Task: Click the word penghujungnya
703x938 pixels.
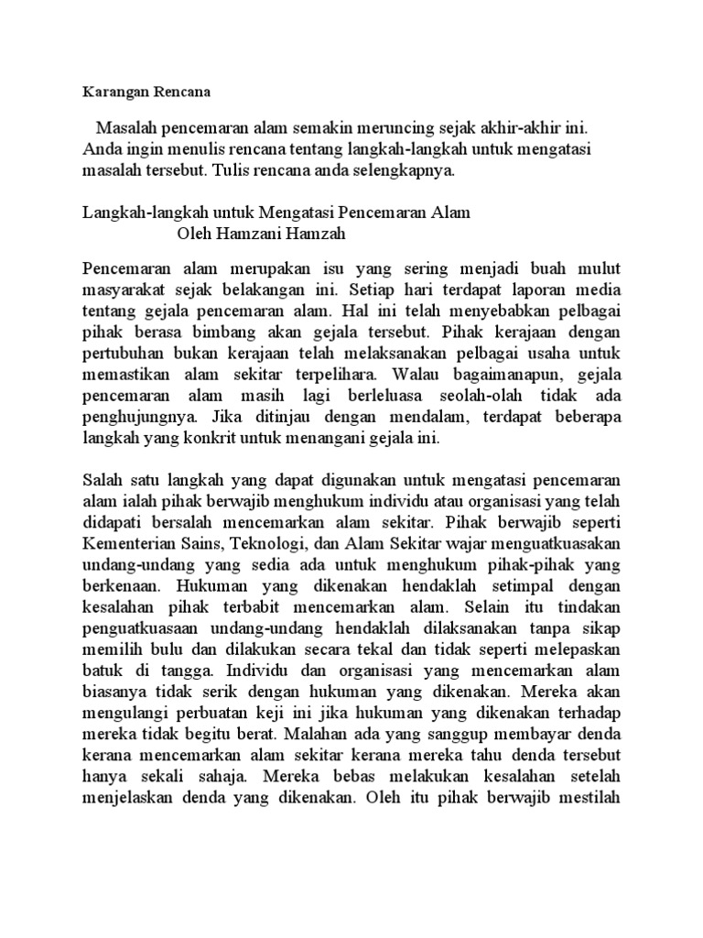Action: [135, 418]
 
